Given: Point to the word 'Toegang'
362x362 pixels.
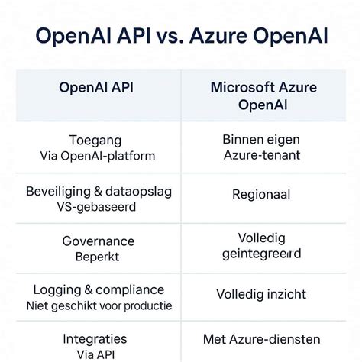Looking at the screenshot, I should click(95, 141).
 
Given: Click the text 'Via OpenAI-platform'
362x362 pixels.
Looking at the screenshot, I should click(97, 156).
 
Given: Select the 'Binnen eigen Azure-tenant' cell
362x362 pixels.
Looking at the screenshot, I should click(262, 147).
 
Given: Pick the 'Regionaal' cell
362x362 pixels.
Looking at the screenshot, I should click(261, 195).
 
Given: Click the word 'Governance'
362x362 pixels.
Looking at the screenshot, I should click(97, 241).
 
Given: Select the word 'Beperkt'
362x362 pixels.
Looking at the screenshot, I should click(97, 257).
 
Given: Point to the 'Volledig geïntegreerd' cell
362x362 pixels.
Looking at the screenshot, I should click(262, 245).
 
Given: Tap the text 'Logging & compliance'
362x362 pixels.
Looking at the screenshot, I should click(99, 290).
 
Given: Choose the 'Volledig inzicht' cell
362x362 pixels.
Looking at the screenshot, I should click(261, 294).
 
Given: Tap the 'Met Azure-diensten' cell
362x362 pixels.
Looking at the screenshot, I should click(261, 339).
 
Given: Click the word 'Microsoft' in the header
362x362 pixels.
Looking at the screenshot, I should click(238, 86).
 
